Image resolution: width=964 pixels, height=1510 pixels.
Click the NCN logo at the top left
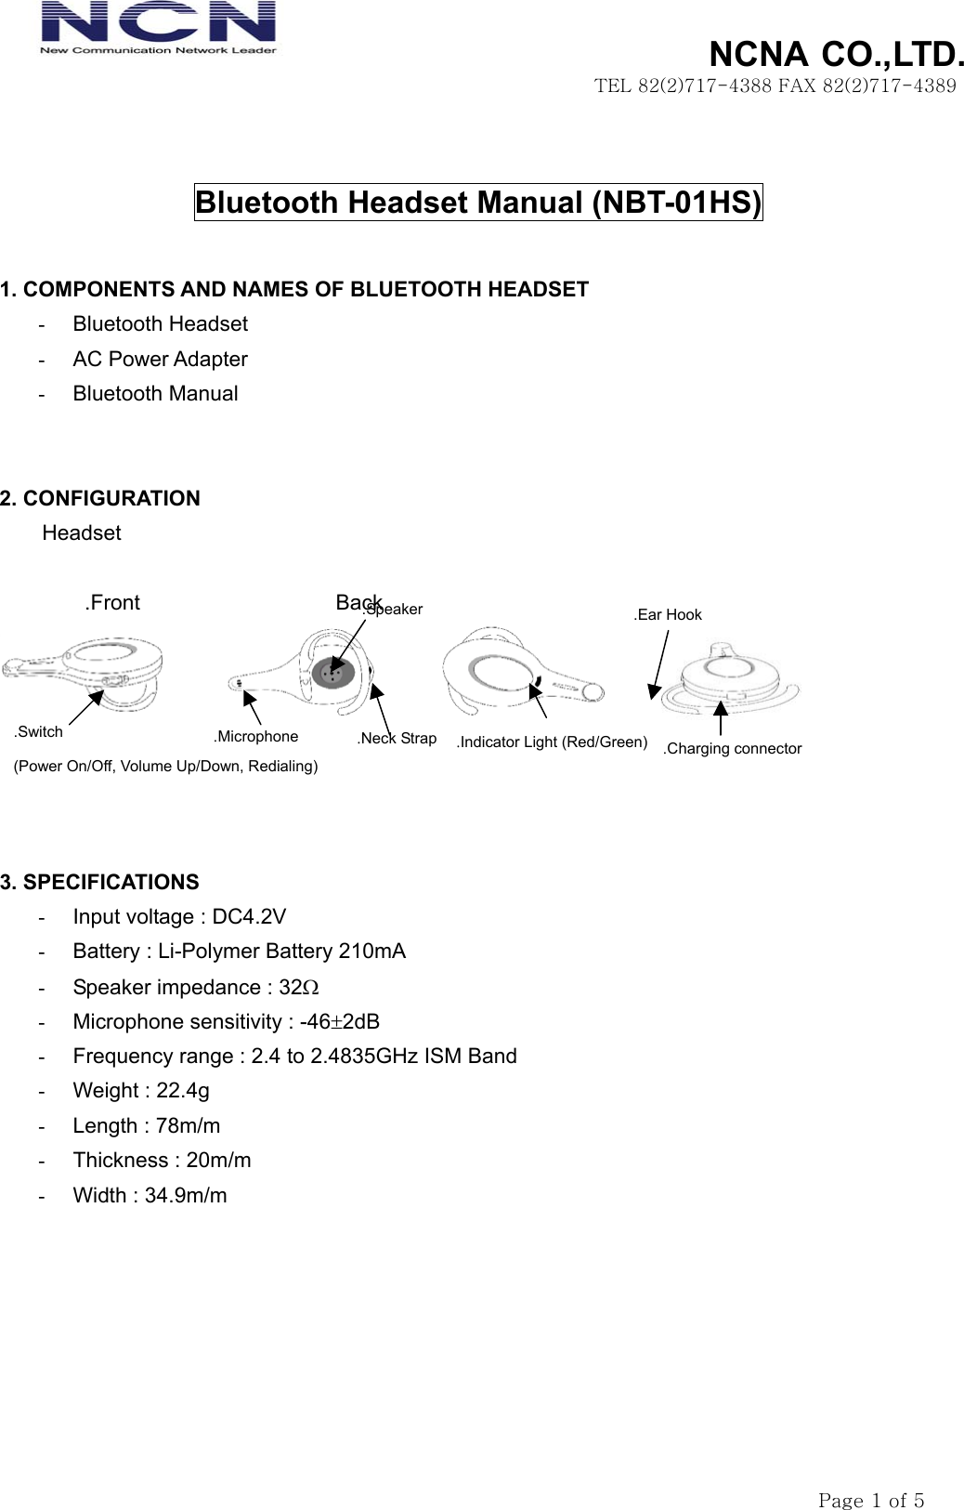click(x=158, y=28)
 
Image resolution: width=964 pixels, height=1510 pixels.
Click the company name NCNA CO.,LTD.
click(x=836, y=55)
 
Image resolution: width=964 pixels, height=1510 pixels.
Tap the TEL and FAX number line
click(x=775, y=86)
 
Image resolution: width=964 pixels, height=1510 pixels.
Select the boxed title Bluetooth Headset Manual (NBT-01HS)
click(x=478, y=203)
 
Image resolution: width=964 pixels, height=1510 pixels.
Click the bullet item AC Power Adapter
click(x=160, y=360)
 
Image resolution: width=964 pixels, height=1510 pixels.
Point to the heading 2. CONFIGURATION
click(x=100, y=499)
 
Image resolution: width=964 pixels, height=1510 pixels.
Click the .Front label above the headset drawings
click(x=112, y=603)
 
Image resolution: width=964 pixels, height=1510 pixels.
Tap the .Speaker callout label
click(x=394, y=610)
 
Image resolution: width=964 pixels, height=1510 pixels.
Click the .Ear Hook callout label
click(x=668, y=615)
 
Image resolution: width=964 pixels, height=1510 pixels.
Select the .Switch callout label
click(x=39, y=732)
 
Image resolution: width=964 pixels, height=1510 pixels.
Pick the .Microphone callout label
click(x=256, y=737)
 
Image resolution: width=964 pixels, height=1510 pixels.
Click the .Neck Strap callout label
click(x=397, y=739)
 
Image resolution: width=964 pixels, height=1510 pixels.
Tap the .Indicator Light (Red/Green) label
click(x=552, y=742)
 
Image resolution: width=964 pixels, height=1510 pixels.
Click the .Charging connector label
click(x=732, y=749)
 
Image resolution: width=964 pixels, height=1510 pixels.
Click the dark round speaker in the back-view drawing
click(x=332, y=673)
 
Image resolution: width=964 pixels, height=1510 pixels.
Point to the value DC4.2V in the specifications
click(x=249, y=917)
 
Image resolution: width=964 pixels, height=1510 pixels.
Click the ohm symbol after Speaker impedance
click(x=312, y=988)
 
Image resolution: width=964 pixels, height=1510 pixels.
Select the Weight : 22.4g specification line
click(x=141, y=1091)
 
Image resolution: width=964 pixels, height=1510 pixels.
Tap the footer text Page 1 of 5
click(x=870, y=1475)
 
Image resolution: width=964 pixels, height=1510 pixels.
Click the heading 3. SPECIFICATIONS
click(x=99, y=883)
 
